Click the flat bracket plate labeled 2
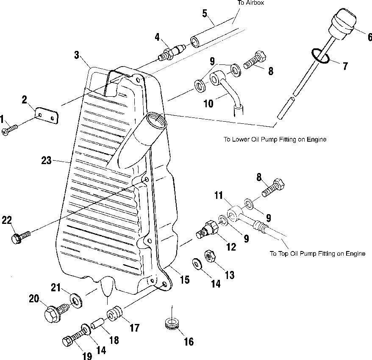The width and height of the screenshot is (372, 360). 47,115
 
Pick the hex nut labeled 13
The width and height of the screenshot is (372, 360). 210,256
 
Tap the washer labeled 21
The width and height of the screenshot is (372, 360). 76,301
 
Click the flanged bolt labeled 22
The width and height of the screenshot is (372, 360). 21,237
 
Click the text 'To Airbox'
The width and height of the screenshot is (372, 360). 251,3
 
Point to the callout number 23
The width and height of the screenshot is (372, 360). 47,161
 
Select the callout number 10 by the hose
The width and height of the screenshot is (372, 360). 208,104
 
